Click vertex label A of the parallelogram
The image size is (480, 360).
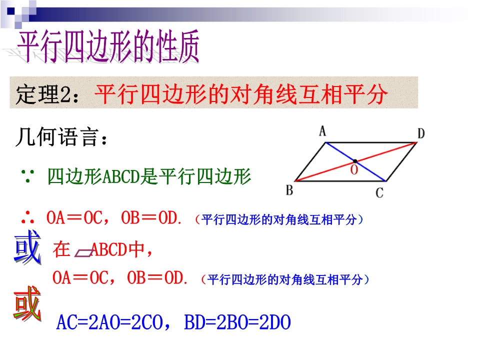tap(322, 131)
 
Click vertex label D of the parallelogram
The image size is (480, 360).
tap(421, 133)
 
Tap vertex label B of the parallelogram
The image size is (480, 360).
tap(289, 190)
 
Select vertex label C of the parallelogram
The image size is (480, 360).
tap(379, 193)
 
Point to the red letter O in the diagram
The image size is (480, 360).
tap(354, 170)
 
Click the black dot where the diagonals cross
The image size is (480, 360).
tap(355, 161)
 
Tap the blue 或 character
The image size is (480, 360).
tap(27, 247)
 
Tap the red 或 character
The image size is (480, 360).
tap(27, 303)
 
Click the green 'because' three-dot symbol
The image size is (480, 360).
tap(27, 176)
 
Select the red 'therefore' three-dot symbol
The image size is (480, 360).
tap(27, 217)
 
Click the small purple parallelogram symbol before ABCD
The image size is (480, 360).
tap(84, 252)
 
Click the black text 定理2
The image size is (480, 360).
tap(48, 94)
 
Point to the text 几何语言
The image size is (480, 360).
tap(61, 137)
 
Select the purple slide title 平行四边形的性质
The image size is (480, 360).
tap(108, 46)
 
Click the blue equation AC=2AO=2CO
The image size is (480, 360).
tap(110, 322)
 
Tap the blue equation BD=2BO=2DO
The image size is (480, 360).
tap(237, 322)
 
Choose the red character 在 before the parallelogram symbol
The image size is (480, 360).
tap(61, 249)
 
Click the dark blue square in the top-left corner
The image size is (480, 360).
tap(11, 11)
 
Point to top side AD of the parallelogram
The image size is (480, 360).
tap(371, 142)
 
